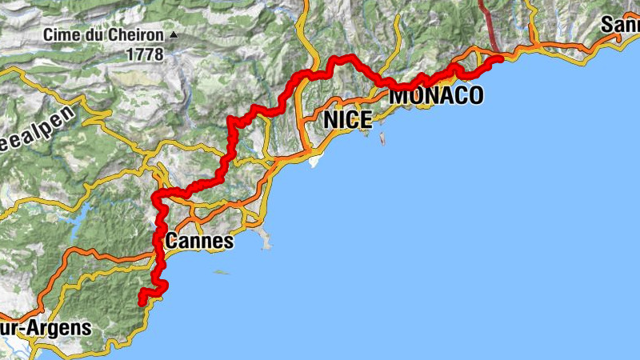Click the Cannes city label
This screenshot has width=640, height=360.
point(199,241)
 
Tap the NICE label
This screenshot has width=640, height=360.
point(348,121)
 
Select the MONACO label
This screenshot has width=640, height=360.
point(436,96)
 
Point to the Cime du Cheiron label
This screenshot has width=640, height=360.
point(103,35)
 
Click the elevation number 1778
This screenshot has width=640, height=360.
point(144,54)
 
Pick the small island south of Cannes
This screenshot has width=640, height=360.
point(220,273)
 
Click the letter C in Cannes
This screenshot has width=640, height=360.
point(172,241)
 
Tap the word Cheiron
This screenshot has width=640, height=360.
point(138,35)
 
